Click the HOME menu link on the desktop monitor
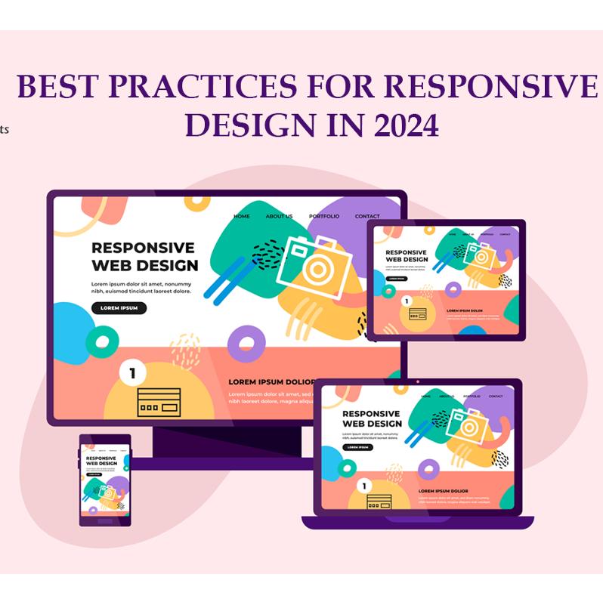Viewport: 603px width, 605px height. [242, 217]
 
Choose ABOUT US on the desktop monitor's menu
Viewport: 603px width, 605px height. [279, 217]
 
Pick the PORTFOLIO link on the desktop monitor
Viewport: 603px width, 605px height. [323, 217]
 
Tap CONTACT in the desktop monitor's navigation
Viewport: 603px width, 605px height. [367, 217]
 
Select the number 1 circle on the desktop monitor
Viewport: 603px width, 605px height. [133, 372]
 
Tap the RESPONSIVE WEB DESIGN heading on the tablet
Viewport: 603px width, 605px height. [407, 255]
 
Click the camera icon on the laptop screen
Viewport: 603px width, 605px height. [462, 424]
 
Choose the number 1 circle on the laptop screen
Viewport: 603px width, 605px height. [364, 486]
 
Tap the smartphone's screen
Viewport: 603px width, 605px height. [105, 480]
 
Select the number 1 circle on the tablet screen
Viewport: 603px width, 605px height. [407, 301]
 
